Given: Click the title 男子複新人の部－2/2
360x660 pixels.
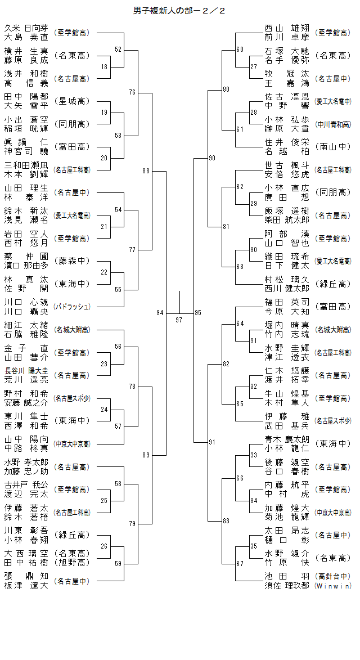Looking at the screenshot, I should pyautogui.click(x=179, y=11).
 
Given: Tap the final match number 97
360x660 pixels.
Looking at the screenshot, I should pyautogui.click(x=179, y=320).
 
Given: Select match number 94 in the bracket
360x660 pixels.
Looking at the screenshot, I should pyautogui.click(x=160, y=312).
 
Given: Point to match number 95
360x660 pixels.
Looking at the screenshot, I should pyautogui.click(x=198, y=312).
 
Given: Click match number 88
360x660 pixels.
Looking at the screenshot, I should pyautogui.click(x=146, y=170).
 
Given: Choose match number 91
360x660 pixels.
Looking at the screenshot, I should pyautogui.click(x=211, y=442).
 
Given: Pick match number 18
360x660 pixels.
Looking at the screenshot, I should pyautogui.click(x=104, y=67).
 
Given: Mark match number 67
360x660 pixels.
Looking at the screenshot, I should pyautogui.click(x=240, y=564).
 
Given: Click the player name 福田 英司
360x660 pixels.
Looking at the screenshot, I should pyautogui.click(x=287, y=302).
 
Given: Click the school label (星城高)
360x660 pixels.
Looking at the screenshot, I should pyautogui.click(x=71, y=101).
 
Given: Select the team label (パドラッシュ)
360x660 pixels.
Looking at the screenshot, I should pyautogui.click(x=71, y=307).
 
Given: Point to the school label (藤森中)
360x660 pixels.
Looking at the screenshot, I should pyautogui.click(x=71, y=261).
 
